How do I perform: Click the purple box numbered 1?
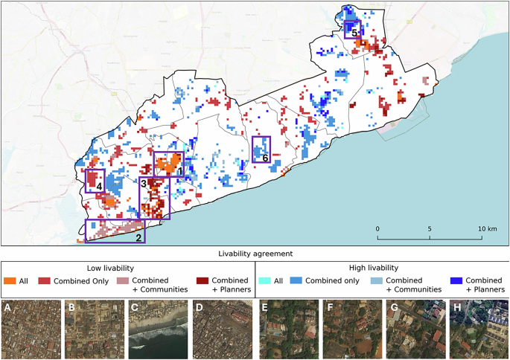tap(168, 164)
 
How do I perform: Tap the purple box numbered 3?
tap(155, 198)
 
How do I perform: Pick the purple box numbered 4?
tap(95, 181)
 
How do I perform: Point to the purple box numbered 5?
tap(352, 29)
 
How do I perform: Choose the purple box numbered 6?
tap(261, 150)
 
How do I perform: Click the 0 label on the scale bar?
tap(377, 228)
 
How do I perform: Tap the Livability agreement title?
tap(255, 254)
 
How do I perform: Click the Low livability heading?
tap(127, 267)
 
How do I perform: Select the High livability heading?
tap(382, 267)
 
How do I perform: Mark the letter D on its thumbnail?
tap(197, 306)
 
